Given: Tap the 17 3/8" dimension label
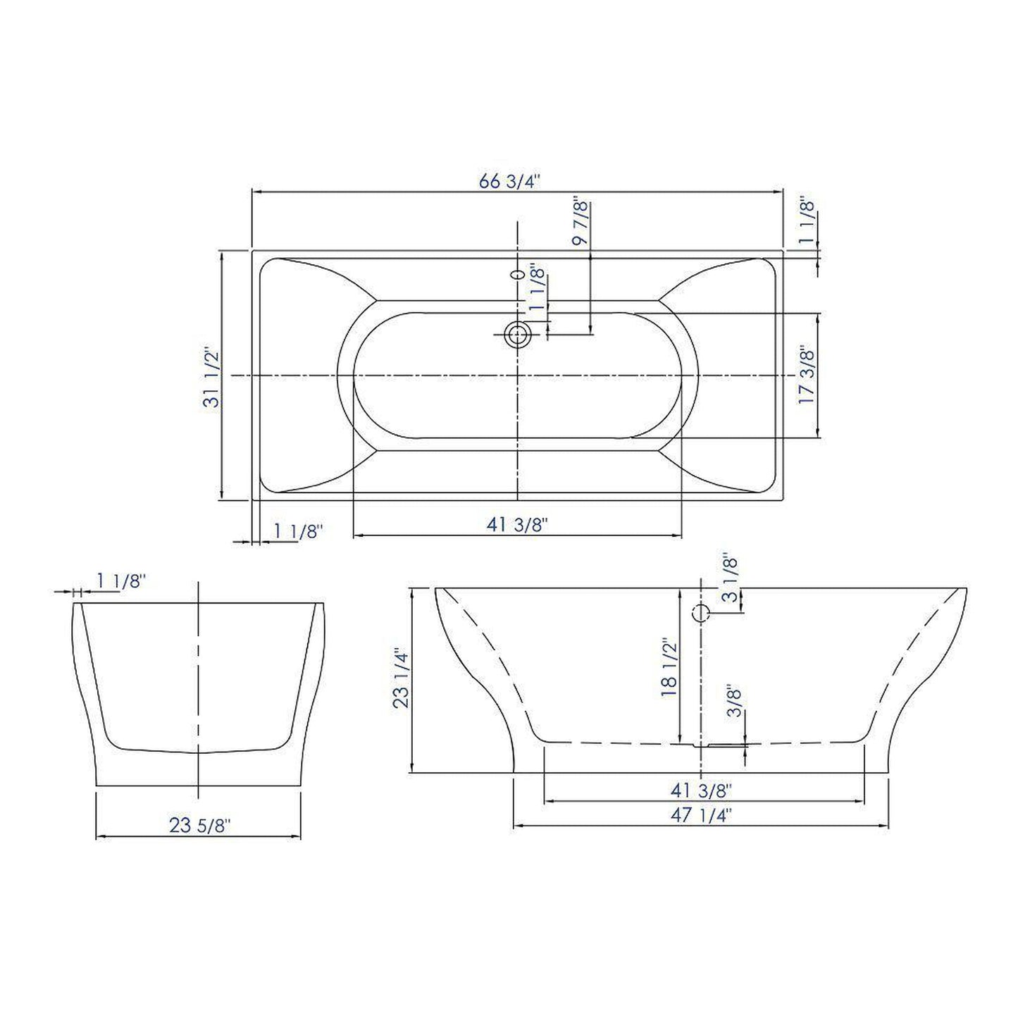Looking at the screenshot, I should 807,375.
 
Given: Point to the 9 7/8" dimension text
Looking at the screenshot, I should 581,221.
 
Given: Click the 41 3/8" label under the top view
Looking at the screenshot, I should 517,525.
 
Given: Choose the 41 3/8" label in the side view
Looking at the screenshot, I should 702,790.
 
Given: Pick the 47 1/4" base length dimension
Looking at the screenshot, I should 702,815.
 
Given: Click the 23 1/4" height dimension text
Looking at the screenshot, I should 401,678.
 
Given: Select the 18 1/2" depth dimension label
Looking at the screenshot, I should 669,667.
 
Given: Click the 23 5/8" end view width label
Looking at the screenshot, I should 199,825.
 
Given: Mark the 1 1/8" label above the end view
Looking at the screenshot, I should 121,582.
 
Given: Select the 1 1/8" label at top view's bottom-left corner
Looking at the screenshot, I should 297,531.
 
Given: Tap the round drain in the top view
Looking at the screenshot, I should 518,335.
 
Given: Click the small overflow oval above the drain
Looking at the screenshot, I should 518,273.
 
